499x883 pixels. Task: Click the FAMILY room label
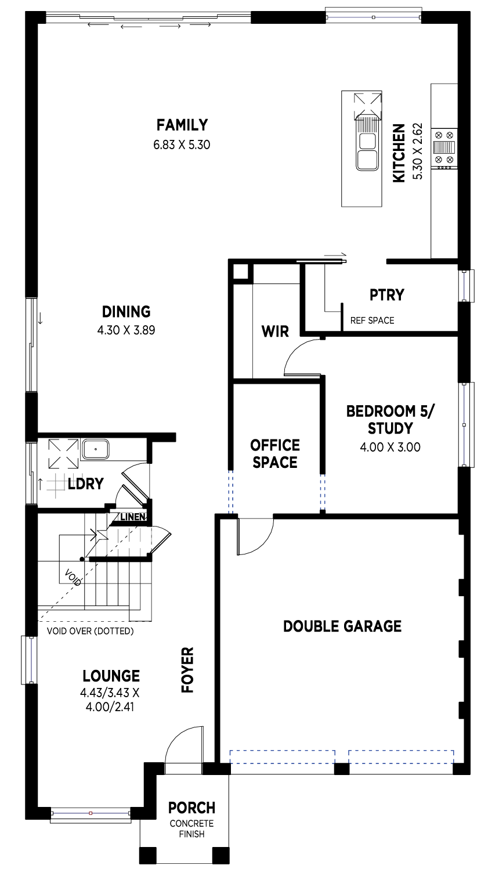pos(182,125)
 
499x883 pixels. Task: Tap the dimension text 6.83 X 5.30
pos(182,145)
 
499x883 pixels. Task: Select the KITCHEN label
pos(399,153)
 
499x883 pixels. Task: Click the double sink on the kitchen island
pos(367,152)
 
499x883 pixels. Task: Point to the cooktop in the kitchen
pos(444,147)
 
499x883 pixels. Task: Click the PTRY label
pos(387,295)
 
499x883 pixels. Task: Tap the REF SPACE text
pos(372,320)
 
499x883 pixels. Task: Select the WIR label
pos(275,331)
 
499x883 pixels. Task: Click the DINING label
pos(126,312)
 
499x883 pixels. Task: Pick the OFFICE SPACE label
pos(275,454)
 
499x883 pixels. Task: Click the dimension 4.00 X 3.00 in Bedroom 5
pos(390,447)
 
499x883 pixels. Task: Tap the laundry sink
pos(95,449)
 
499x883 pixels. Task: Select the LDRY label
pos(85,484)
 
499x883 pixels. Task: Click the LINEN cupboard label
pos(132,517)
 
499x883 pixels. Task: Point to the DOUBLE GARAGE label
pos(342,626)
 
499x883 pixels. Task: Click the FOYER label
pos(187,670)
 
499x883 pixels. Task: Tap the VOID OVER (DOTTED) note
pos(90,631)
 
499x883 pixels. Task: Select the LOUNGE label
pos(111,676)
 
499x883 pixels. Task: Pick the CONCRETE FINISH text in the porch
pos(192,828)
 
